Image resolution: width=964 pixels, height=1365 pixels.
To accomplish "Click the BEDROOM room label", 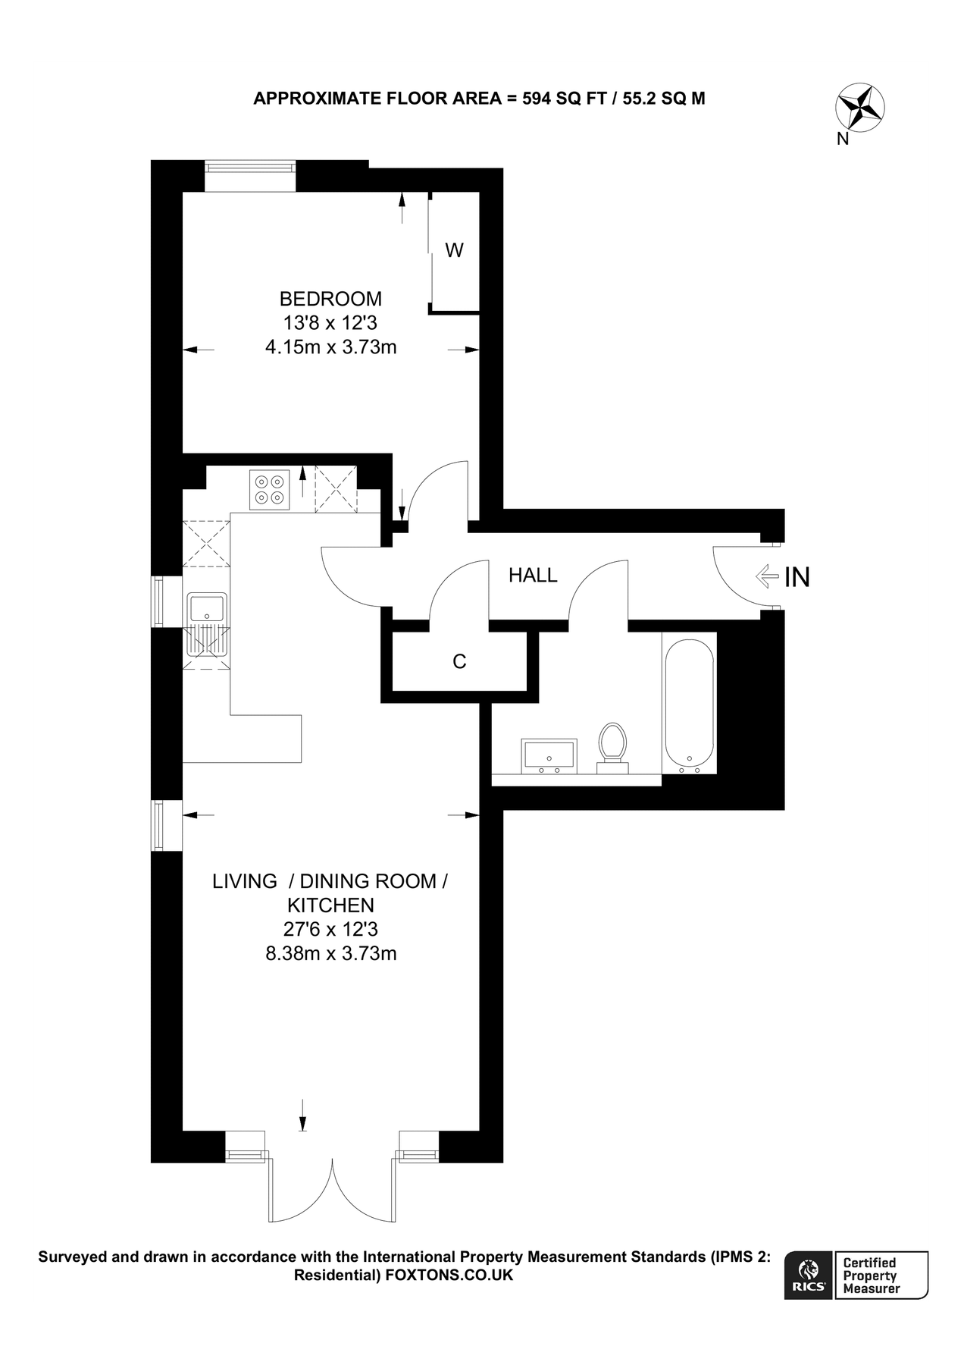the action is pos(330,299).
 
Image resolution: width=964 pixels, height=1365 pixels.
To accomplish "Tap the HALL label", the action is pos(533,576).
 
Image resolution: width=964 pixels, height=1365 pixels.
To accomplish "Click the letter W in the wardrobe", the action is pos(454,250).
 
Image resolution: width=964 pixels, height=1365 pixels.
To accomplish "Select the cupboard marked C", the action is pos(459,661).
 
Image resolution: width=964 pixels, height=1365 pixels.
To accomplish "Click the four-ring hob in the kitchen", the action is pos(270,489).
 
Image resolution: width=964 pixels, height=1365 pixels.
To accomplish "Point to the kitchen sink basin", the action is pos(207,608).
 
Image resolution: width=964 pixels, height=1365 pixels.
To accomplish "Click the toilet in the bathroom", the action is pos(612,748).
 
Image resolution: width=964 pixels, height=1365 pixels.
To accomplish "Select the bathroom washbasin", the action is pos(549,756).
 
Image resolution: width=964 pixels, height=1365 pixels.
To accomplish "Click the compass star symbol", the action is pos(860,108).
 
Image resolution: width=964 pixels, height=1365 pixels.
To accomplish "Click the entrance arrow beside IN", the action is pos(766,577).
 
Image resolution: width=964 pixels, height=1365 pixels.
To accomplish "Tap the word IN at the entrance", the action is pos(797,577).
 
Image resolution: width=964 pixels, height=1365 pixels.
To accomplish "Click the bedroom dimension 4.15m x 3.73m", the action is pos(330,347).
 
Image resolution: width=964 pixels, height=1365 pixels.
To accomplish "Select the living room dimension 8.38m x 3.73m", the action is pos(330,953).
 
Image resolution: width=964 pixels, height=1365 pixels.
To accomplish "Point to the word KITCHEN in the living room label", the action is pos(330,905).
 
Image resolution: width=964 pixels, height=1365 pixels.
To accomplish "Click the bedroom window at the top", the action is pos(250,176).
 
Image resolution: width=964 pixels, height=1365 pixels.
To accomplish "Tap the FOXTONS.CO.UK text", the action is pos(449,1275).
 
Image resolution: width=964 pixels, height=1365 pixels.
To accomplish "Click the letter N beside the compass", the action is pos(843,139).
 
